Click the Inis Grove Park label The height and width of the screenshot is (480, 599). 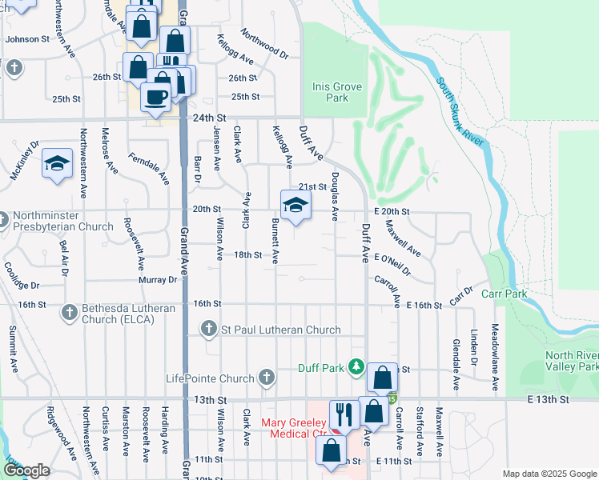point(330,92)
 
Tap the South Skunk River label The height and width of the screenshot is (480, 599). point(462,113)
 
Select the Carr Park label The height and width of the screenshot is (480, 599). point(505,294)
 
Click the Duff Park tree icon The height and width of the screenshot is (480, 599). point(355,367)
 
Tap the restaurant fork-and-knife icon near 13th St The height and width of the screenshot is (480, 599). point(344,414)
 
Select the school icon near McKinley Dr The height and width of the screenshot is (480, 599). point(57,164)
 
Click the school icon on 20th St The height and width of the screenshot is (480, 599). point(295,204)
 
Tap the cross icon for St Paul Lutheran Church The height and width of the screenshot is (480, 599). point(209,329)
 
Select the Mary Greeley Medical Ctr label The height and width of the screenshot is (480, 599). point(293,428)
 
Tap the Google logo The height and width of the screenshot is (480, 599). point(26,470)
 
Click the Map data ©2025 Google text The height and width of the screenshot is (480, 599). point(549,474)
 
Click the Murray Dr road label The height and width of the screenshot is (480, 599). point(160,280)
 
